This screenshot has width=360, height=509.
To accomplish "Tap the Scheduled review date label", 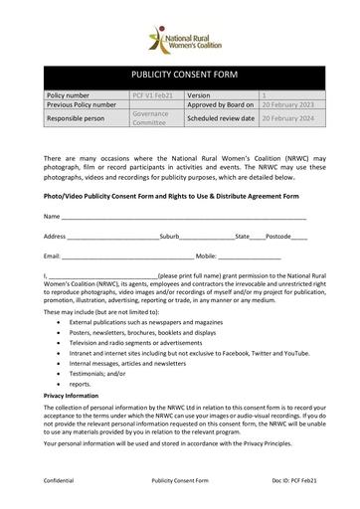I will coord(221,117).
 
